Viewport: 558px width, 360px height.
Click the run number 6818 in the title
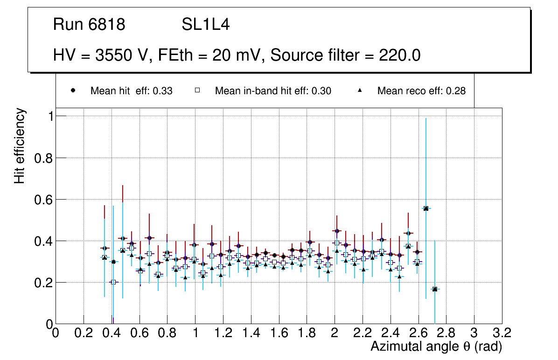click(107, 25)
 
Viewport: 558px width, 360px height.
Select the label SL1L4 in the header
click(205, 25)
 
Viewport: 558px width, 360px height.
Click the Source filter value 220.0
click(398, 55)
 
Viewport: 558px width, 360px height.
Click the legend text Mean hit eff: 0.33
click(131, 91)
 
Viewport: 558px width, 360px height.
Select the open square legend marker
click(197, 91)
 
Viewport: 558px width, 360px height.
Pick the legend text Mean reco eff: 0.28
click(421, 91)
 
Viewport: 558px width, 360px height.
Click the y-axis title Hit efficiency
click(20, 145)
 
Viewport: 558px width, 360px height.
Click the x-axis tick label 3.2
click(502, 333)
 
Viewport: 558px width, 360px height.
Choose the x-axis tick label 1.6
click(279, 333)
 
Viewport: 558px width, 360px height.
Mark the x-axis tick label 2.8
click(446, 333)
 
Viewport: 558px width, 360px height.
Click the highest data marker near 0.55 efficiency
click(425, 208)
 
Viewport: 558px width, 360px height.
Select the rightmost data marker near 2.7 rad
click(434, 289)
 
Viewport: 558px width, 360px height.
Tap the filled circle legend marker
click(73, 91)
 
